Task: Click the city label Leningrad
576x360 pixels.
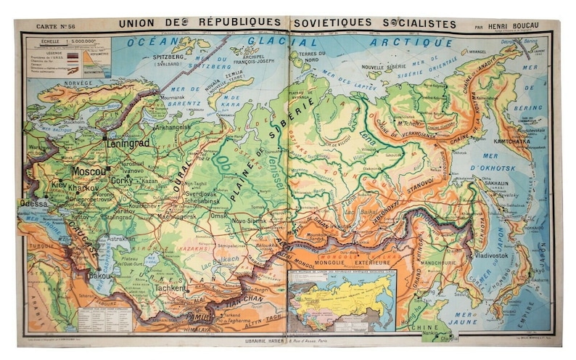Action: click(128, 143)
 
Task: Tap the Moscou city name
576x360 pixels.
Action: click(89, 171)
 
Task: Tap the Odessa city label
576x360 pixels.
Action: click(34, 204)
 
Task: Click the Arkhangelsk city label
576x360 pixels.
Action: click(173, 126)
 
